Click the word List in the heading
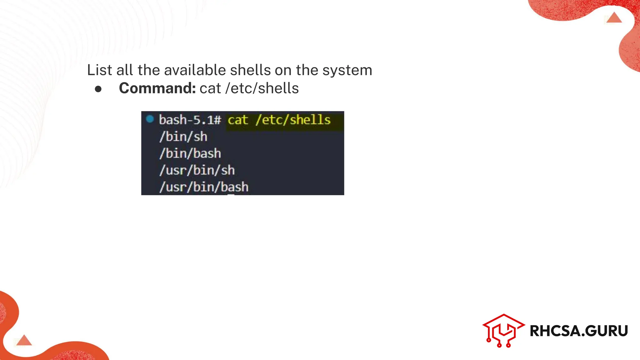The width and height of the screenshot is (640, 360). click(99, 70)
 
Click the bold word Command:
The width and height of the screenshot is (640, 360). click(157, 88)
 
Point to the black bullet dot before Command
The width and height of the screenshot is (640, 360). click(98, 89)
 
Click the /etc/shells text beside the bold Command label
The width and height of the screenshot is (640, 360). click(262, 88)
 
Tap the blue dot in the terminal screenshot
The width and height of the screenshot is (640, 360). click(150, 119)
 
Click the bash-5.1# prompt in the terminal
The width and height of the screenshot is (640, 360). click(190, 120)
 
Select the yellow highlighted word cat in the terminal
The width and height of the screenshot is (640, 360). click(238, 120)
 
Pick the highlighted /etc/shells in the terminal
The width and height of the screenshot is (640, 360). click(293, 120)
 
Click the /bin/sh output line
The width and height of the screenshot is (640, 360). click(183, 137)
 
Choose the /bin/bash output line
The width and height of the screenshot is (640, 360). click(190, 153)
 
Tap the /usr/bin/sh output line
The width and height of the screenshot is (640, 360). click(197, 170)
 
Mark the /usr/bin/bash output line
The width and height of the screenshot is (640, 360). click(204, 187)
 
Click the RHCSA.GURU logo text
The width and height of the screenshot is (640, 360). click(579, 331)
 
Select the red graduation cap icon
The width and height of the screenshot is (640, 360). click(503, 330)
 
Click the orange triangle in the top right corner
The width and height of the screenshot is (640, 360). click(614, 18)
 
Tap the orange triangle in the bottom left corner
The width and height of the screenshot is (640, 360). click(24, 340)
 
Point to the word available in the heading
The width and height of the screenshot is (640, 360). click(195, 70)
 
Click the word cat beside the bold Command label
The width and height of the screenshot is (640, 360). click(210, 88)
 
